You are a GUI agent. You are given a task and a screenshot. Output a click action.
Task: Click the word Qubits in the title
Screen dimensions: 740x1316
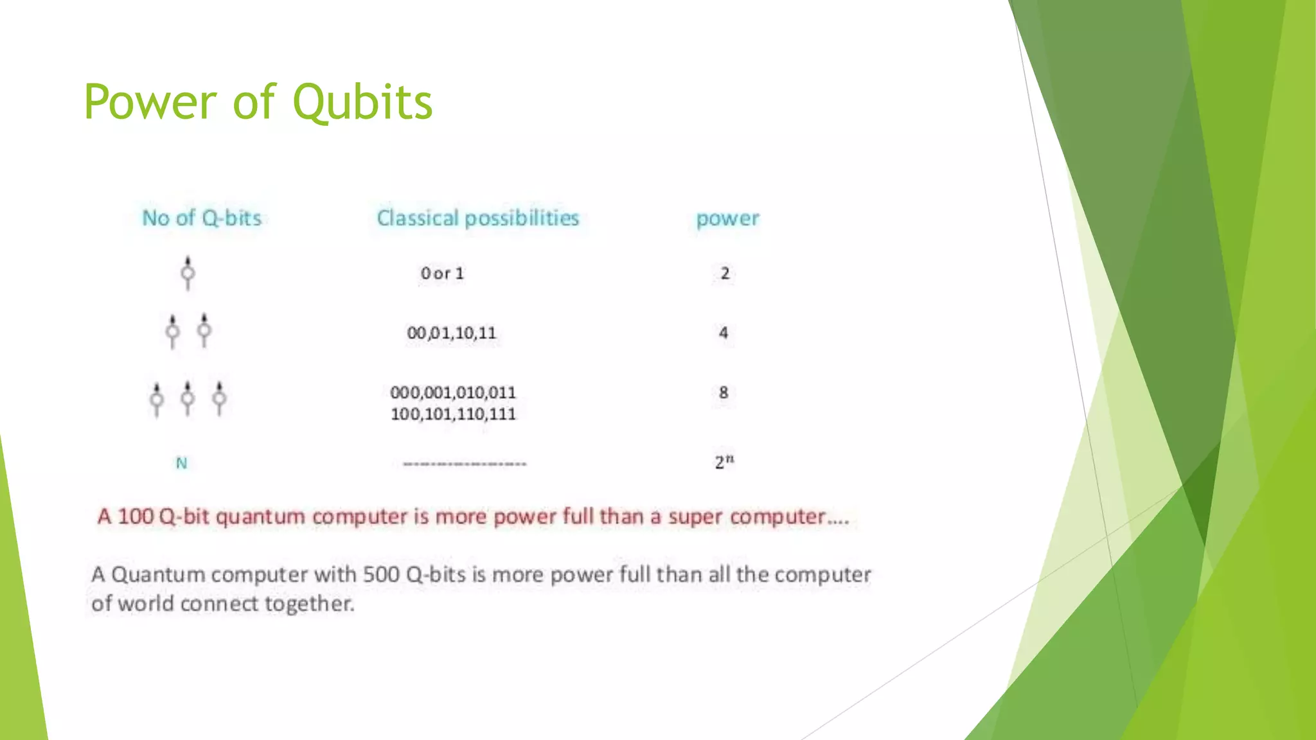362,103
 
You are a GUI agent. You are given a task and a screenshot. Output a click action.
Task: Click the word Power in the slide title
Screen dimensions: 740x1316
150,103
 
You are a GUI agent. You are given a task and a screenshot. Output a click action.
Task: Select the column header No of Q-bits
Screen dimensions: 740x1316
202,218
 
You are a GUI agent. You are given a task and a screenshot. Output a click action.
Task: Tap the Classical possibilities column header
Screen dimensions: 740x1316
477,218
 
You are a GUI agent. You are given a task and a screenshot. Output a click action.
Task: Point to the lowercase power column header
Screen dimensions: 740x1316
727,219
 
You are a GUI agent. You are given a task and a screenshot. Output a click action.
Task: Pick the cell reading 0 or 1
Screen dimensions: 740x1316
442,274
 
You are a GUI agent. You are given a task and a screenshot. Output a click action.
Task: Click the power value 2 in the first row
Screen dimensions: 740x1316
725,274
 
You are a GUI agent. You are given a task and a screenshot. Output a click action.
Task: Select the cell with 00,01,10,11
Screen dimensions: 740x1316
452,333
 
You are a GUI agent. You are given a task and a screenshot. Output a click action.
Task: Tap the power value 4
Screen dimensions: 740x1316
724,333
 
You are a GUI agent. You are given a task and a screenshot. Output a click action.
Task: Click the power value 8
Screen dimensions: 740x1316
724,392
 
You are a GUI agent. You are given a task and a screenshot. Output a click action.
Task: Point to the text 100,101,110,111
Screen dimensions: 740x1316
453,414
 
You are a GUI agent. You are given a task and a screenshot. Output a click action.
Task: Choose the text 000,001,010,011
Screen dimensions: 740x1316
453,392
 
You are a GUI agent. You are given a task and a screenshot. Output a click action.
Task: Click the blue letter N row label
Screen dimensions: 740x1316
182,463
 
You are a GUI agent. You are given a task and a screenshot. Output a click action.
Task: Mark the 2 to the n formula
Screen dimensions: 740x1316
724,462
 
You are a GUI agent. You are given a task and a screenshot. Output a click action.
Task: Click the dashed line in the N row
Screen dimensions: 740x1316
465,464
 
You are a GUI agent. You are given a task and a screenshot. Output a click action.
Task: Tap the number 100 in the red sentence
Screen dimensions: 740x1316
136,516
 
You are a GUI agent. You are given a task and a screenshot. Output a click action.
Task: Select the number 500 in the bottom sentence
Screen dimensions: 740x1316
381,574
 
